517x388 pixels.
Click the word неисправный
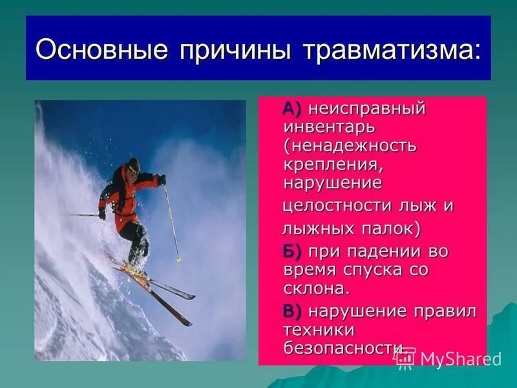click(x=367, y=109)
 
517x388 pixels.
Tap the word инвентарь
click(x=329, y=127)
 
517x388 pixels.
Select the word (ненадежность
click(x=350, y=146)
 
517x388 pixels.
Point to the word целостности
click(x=339, y=206)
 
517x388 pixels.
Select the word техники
click(x=319, y=330)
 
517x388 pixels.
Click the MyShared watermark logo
click(x=448, y=358)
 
